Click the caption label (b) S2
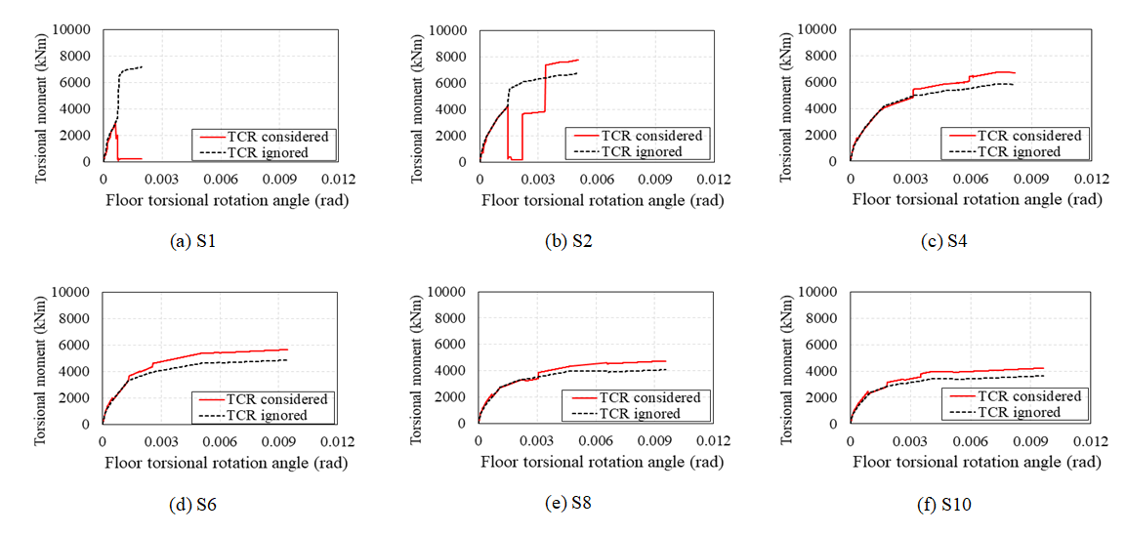pyautogui.click(x=568, y=242)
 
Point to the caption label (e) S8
pyautogui.click(x=568, y=504)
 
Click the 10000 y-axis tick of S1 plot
pyautogui.click(x=75, y=30)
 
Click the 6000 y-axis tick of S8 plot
pyautogui.click(x=452, y=345)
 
